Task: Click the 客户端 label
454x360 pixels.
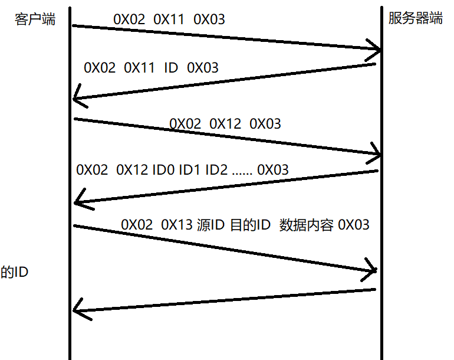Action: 35,19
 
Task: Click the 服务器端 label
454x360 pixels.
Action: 415,18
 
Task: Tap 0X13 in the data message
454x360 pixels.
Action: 177,225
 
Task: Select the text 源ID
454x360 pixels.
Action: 211,225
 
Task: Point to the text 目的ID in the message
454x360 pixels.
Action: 250,225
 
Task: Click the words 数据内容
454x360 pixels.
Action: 306,225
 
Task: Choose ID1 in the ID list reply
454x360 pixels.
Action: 190,170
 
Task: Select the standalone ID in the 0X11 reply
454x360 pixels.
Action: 171,68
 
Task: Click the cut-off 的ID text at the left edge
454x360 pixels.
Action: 15,273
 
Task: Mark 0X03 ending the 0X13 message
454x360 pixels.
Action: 354,225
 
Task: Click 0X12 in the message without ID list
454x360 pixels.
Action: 225,124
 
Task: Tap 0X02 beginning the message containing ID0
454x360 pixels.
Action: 92,170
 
